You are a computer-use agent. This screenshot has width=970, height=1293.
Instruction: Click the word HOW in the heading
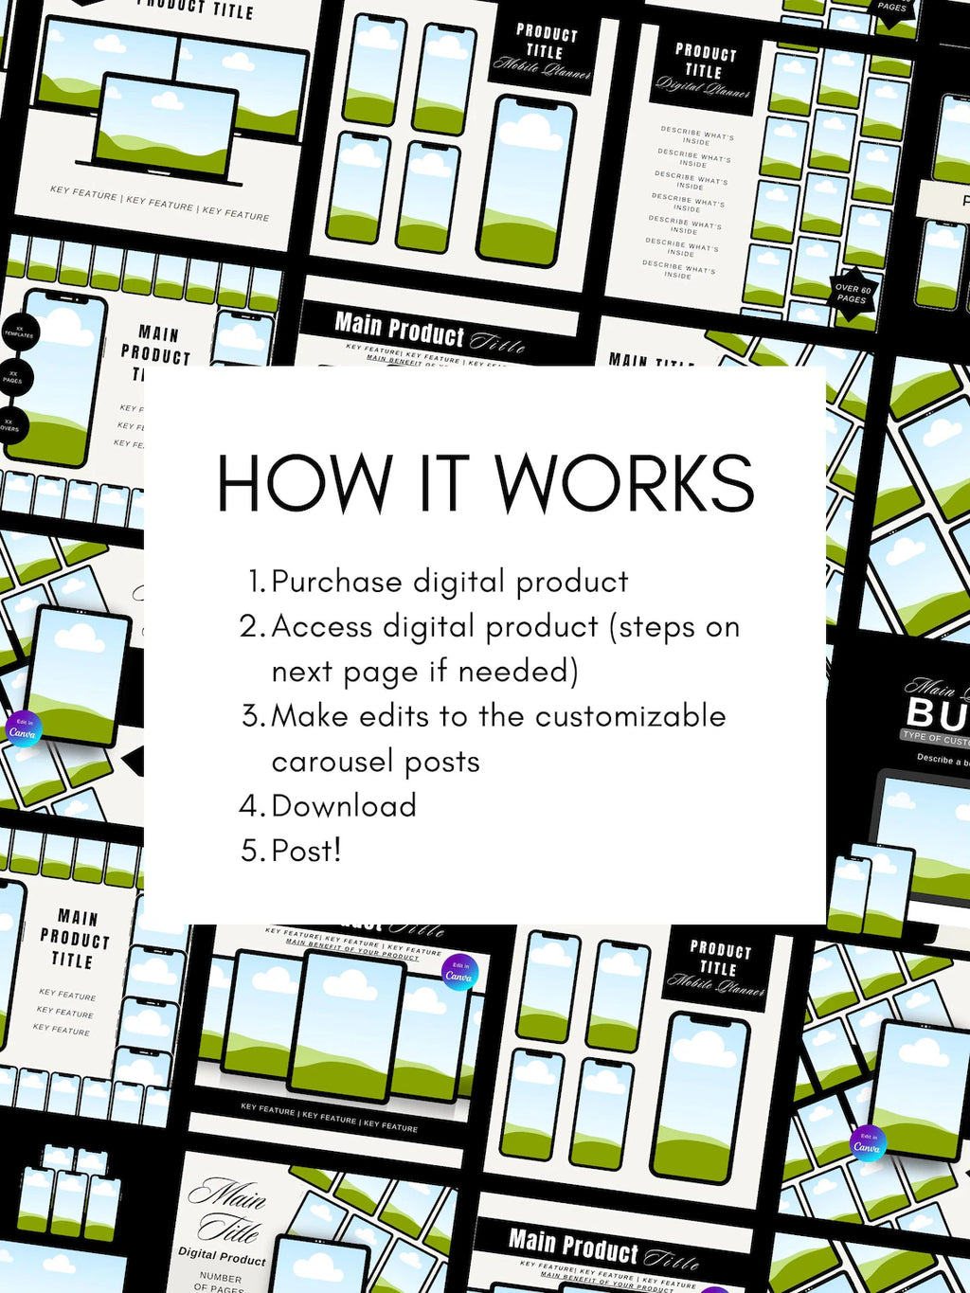point(304,483)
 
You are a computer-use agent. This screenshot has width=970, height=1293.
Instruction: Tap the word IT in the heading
point(444,483)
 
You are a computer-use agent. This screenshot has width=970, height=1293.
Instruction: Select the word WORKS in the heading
point(624,483)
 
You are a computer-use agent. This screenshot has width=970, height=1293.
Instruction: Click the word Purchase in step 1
point(336,582)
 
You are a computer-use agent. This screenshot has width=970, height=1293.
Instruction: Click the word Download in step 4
point(344,806)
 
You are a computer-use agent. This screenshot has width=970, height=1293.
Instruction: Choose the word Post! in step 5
point(306,851)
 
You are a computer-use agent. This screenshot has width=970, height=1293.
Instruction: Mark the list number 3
point(252,716)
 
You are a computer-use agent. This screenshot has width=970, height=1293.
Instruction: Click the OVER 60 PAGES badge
point(852,294)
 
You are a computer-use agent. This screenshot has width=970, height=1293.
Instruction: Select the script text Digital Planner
point(703,86)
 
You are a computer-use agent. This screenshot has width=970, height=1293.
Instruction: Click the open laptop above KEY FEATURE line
point(166,133)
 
